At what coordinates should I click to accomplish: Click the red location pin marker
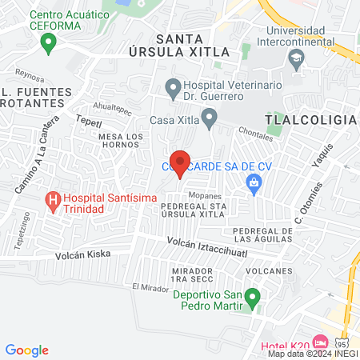click(x=181, y=162)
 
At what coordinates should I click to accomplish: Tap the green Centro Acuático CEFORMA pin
click(x=50, y=42)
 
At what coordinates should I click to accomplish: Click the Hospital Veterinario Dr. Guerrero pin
click(x=172, y=86)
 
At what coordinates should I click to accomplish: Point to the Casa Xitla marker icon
click(x=210, y=120)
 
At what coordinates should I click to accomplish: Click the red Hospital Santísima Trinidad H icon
click(x=53, y=200)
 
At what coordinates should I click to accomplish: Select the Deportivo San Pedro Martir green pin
click(x=253, y=300)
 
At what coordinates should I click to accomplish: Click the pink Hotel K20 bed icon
click(x=320, y=342)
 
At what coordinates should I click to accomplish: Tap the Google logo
click(x=27, y=350)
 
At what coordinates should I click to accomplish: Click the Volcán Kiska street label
click(x=82, y=254)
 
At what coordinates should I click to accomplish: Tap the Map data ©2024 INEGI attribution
click(x=313, y=353)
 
